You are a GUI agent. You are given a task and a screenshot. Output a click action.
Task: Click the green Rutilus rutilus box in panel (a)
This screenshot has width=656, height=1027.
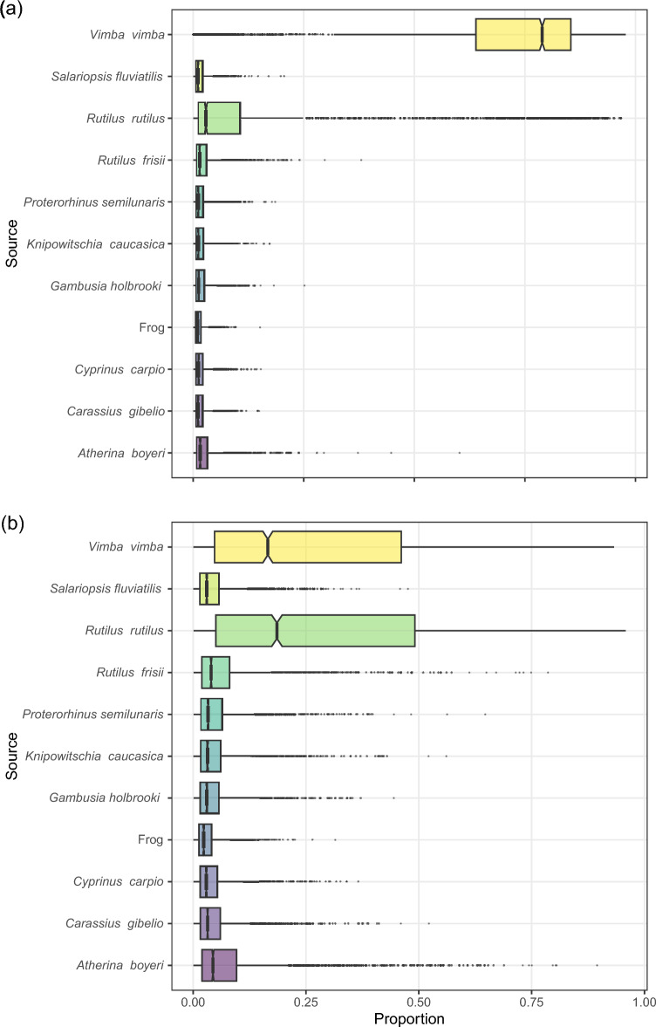click(222, 118)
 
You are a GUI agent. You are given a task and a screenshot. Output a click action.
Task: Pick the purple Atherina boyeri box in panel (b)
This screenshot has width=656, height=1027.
click(219, 965)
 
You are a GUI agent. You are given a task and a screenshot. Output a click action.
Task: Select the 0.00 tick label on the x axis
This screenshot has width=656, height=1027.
click(193, 998)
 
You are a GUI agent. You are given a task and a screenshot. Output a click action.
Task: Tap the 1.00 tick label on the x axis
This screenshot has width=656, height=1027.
click(644, 998)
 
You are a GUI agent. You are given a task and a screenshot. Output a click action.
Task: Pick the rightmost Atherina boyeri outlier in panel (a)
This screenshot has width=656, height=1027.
click(460, 453)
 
